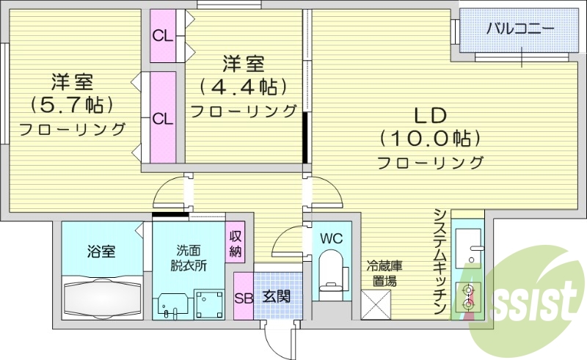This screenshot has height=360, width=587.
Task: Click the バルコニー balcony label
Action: click(520, 30)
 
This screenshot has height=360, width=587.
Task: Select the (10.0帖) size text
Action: click(429, 137)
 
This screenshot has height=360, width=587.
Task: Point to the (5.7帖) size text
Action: click(72, 105)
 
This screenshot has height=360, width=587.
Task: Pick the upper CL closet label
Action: click(162, 35)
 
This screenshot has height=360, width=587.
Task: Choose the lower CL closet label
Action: click(162, 117)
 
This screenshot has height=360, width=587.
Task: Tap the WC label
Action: click(332, 239)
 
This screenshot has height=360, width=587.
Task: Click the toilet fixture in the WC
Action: click(332, 273)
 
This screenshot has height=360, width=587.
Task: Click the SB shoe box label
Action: click(243, 297)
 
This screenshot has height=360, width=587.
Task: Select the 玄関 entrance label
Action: click(276, 297)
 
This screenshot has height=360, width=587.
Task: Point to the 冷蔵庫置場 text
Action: click(384, 273)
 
